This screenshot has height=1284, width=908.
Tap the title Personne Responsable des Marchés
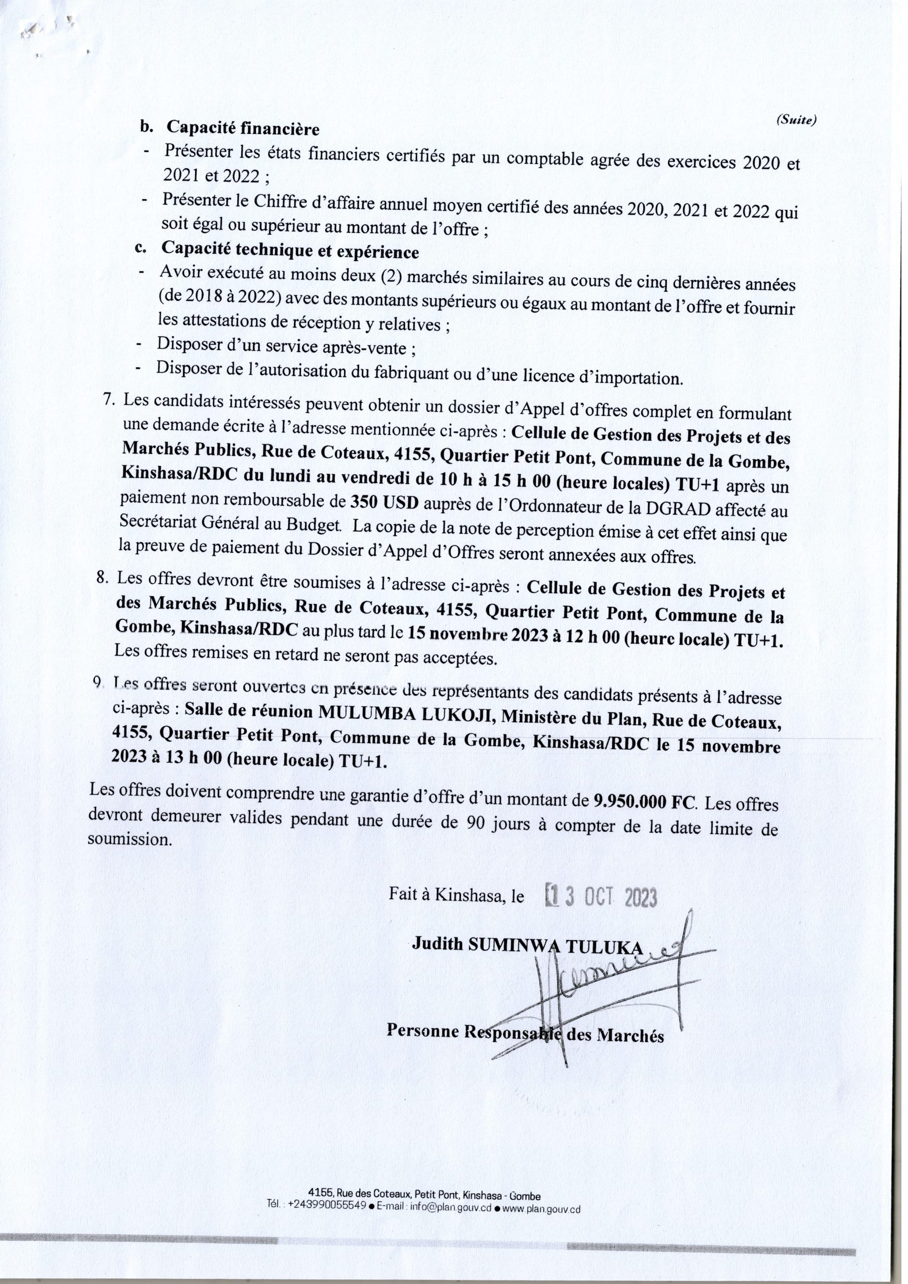tap(525, 1036)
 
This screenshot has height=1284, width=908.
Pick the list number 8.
tap(103, 579)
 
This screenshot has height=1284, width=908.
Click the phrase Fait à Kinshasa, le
tap(457, 896)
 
